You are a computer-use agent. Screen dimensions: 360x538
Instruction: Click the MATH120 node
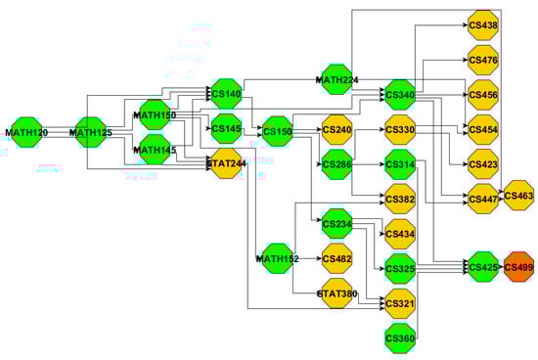[x=22, y=131]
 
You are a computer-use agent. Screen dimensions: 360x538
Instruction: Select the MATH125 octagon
[x=91, y=131]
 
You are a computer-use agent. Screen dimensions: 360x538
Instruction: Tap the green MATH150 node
[x=154, y=115]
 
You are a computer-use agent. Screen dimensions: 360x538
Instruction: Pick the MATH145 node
[x=154, y=149]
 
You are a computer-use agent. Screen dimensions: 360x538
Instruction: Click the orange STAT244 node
[x=225, y=163]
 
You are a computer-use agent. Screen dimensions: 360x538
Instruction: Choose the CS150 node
[x=278, y=131]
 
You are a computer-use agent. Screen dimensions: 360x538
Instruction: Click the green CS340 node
[x=401, y=95]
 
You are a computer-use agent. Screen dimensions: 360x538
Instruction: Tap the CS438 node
[x=483, y=25]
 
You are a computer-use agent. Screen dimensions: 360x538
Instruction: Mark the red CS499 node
[x=518, y=267]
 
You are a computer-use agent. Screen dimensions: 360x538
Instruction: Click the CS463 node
[x=518, y=197]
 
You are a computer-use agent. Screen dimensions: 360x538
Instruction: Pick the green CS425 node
[x=483, y=267]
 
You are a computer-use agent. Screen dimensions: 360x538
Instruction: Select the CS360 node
[x=401, y=338]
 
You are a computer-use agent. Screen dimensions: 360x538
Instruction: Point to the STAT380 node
[x=337, y=293]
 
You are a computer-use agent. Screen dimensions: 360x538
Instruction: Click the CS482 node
[x=337, y=258]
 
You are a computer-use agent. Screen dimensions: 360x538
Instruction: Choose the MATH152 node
[x=276, y=258]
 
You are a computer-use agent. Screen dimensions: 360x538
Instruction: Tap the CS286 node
[x=337, y=164]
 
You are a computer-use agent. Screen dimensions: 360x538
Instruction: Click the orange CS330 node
[x=401, y=129]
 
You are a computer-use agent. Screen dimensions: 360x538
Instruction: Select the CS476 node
[x=483, y=61]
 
